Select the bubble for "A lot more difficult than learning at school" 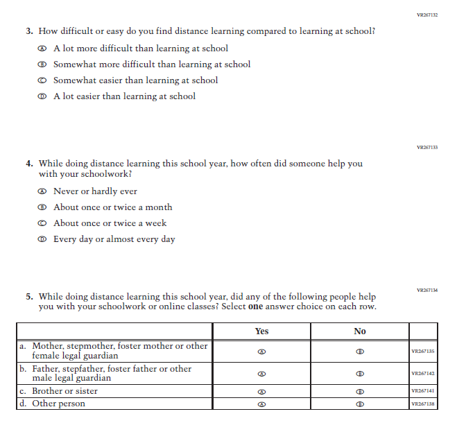click(x=42, y=49)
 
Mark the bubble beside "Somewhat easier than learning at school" click(x=42, y=80)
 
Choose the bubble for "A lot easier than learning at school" click(x=42, y=96)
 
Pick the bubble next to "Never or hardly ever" click(x=42, y=191)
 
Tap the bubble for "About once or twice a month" click(x=42, y=207)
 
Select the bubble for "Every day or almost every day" click(x=42, y=239)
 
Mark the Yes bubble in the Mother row click(x=261, y=351)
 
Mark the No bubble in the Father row click(x=359, y=374)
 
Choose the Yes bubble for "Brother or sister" click(x=261, y=391)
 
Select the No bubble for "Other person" click(x=359, y=404)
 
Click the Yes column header click(x=261, y=331)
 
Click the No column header click(x=359, y=331)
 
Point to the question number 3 click(x=29, y=31)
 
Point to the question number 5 click(x=29, y=297)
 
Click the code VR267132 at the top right click(x=426, y=15)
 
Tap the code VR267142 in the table click(x=422, y=374)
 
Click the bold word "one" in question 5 click(x=255, y=306)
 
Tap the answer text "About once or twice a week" click(x=110, y=223)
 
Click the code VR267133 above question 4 click(x=426, y=148)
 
